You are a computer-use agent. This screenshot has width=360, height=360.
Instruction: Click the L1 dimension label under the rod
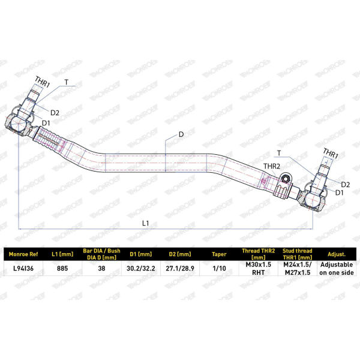point(146,223)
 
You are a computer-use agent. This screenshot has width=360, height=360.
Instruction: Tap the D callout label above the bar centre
point(181,134)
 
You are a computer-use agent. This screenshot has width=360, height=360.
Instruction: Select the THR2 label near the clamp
point(272,166)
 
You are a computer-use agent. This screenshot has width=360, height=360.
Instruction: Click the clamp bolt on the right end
point(286,179)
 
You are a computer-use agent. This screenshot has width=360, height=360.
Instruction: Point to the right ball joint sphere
point(312,199)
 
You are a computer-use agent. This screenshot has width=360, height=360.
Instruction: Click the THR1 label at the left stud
point(42,82)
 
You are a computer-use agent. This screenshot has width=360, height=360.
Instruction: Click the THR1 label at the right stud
point(331,154)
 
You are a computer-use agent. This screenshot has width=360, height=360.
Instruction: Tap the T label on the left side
point(67,82)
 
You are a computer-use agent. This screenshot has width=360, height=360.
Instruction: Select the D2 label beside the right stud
point(346,184)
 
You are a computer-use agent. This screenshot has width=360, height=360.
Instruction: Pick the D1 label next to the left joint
point(46,123)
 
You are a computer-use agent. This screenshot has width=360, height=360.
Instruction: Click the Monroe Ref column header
point(23,254)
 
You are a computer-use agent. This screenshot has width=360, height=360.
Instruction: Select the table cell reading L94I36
point(23,268)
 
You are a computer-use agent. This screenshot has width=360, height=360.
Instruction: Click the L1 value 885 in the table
point(62,268)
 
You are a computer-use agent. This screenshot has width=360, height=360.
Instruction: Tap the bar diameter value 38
point(101,268)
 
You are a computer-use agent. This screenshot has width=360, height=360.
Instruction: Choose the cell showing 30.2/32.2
point(141,268)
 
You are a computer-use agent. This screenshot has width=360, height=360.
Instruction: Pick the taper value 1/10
point(219,268)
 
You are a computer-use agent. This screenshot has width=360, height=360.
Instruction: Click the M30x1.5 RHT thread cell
point(258,268)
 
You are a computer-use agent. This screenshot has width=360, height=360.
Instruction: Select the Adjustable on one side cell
point(337,268)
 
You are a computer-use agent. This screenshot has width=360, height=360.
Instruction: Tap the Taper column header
point(219,254)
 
